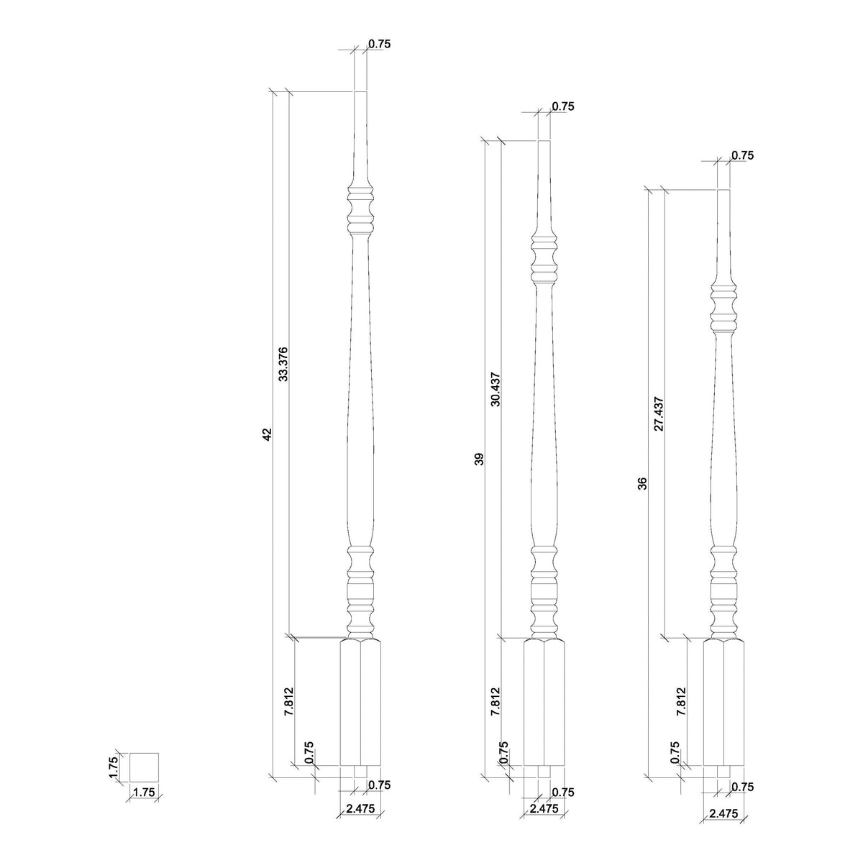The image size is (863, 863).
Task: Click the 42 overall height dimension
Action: (266, 434)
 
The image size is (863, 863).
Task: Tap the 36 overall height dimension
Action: (643, 483)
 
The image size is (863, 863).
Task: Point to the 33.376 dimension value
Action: (283, 363)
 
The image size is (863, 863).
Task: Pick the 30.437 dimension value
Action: (496, 390)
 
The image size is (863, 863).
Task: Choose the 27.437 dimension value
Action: (659, 414)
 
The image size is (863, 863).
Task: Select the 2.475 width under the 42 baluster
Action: (360, 808)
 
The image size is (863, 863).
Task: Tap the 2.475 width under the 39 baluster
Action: (544, 808)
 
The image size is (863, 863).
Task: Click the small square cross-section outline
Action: (144, 767)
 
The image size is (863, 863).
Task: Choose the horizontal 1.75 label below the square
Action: (144, 793)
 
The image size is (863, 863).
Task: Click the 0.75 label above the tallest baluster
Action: (379, 44)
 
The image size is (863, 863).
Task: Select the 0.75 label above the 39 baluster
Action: (563, 106)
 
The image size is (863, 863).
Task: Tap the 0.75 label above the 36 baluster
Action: (742, 155)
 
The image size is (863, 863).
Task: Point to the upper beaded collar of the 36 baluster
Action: (724, 308)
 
